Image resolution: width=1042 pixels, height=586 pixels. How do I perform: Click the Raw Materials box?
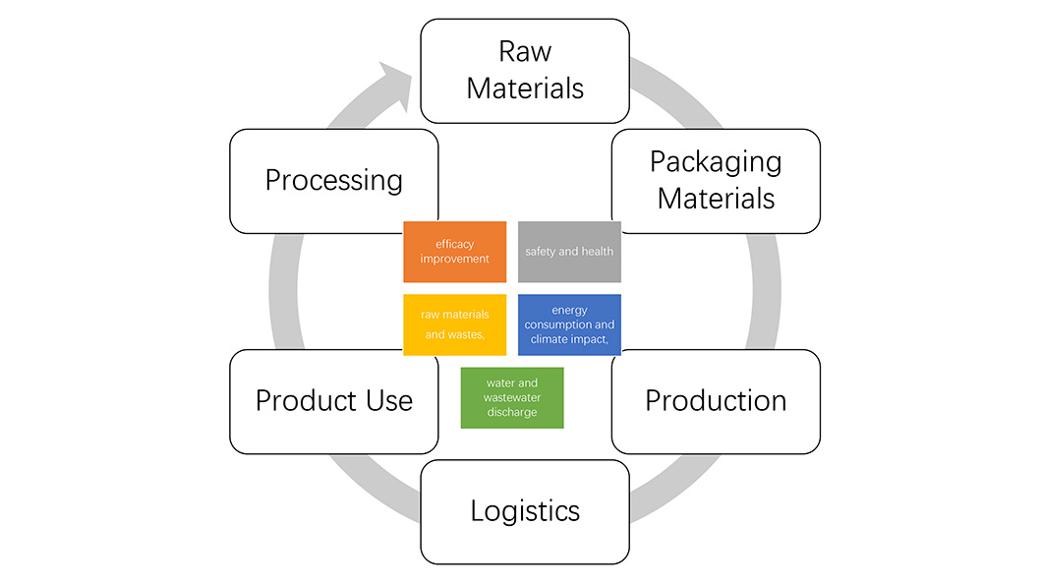pos(525,71)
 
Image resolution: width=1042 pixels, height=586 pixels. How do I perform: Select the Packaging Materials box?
pos(716,181)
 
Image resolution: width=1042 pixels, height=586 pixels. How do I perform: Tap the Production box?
pos(716,401)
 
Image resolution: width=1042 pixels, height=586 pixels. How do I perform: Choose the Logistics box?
pos(525,511)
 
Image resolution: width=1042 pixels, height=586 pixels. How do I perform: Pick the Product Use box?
pos(334,401)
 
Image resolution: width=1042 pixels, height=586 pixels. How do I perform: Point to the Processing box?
pos(334,181)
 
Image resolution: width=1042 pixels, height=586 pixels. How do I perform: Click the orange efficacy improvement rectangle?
pos(454,252)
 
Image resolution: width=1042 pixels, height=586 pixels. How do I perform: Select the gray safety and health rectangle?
pos(569,252)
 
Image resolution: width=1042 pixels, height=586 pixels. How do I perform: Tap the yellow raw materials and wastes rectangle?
pos(454,324)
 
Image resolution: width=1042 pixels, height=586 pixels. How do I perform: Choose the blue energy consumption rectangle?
pos(569,324)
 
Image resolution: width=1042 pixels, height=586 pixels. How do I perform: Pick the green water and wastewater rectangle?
pos(512,397)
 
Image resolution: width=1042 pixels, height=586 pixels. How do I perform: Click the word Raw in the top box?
pos(525,51)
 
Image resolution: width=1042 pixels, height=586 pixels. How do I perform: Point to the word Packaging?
pos(716,162)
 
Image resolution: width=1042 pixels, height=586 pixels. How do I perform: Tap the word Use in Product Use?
pos(388,401)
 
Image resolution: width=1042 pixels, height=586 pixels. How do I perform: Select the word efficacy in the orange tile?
pos(454,244)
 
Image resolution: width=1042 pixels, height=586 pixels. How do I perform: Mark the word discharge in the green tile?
pos(512,412)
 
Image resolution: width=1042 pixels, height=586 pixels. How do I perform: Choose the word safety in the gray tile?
pos(541,252)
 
